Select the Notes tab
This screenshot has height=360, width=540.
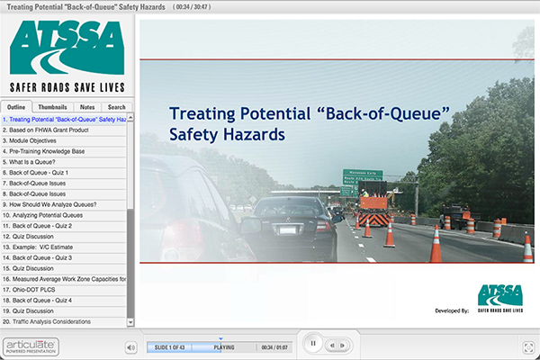coord(86,107)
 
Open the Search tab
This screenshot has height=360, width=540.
coord(117,107)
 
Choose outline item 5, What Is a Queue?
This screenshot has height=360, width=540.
coord(31,161)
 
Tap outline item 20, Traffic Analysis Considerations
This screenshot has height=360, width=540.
coord(59,321)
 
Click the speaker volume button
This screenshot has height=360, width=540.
coord(130,346)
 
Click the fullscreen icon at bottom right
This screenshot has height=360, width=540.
coord(528,346)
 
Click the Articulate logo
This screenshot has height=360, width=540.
coord(30,345)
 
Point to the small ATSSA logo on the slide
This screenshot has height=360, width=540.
coord(500,298)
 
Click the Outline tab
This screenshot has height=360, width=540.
coord(17,107)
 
